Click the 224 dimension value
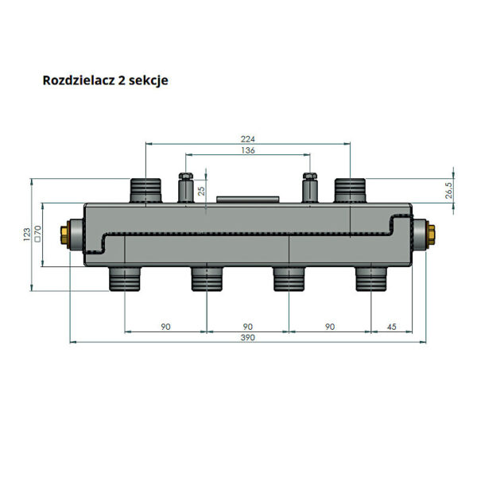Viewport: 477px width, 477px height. click(x=247, y=139)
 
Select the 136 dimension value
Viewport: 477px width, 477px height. click(x=247, y=150)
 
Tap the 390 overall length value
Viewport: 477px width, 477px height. click(x=247, y=337)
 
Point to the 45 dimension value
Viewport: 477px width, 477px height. click(x=391, y=327)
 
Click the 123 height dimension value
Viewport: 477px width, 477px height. click(x=27, y=235)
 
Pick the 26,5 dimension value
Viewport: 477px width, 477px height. click(x=449, y=191)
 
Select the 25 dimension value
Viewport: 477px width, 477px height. click(x=201, y=191)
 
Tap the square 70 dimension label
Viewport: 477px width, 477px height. click(x=37, y=233)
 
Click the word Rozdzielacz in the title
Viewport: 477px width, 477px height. click(x=79, y=80)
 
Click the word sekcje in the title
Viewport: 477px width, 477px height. click(x=148, y=81)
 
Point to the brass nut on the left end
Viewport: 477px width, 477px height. click(x=64, y=235)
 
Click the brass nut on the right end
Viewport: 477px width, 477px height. click(x=432, y=235)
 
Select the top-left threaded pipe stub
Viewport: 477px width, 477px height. click(x=145, y=191)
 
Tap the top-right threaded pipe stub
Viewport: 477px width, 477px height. click(x=350, y=191)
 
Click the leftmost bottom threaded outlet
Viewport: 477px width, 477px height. click(x=125, y=279)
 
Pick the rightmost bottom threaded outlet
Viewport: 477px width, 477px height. click(x=371, y=279)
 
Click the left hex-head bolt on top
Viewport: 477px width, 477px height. click(x=186, y=188)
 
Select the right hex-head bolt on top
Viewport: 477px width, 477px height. click(x=310, y=188)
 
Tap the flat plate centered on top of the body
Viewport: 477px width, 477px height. click(x=247, y=200)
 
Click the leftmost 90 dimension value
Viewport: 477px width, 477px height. click(x=165, y=327)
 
